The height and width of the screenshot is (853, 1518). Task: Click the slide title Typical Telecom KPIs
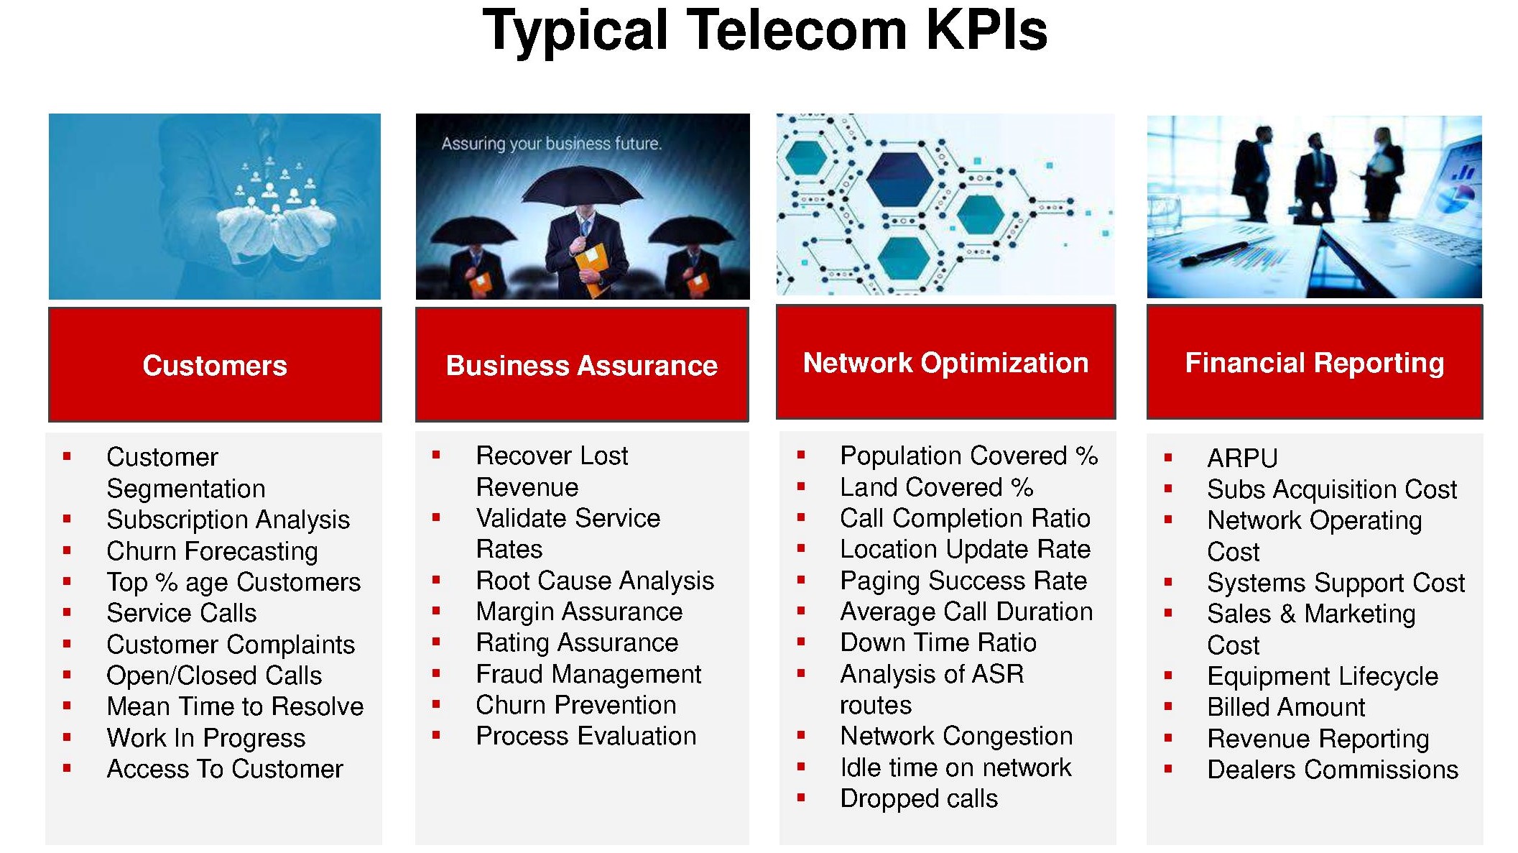click(764, 32)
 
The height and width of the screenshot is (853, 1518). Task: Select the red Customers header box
click(215, 364)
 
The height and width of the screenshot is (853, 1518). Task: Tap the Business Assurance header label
click(582, 366)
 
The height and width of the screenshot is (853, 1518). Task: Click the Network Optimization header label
click(945, 364)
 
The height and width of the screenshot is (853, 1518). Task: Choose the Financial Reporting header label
click(1315, 364)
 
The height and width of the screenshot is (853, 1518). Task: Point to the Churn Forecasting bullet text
click(212, 552)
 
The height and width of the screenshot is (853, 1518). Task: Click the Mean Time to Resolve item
click(235, 706)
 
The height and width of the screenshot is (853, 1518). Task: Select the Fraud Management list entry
click(588, 675)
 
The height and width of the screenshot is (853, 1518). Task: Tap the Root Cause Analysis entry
click(595, 581)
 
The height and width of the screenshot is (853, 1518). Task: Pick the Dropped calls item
click(919, 799)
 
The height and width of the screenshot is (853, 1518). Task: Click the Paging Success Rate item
click(963, 581)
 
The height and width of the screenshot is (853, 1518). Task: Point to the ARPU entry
click(1242, 458)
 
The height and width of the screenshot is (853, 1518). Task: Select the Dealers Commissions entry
click(1333, 770)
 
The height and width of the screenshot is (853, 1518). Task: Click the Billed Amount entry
click(1286, 707)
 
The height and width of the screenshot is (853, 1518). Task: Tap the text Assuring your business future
click(551, 144)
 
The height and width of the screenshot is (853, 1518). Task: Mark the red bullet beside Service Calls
click(67, 613)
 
